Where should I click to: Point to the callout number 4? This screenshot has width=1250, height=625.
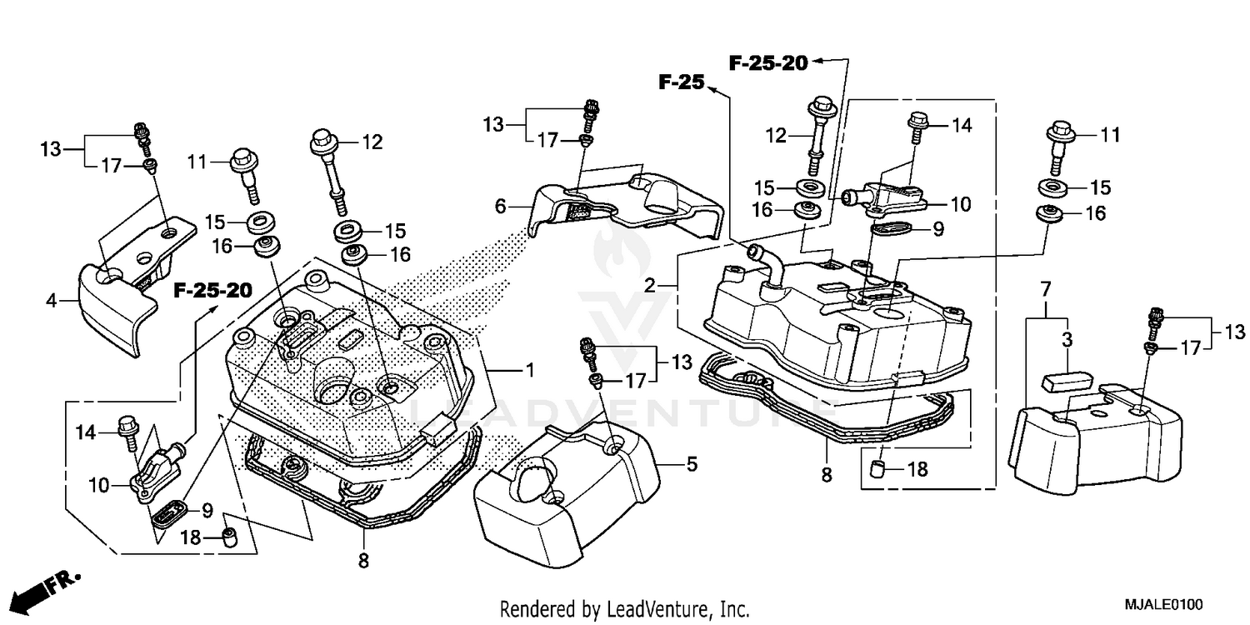(52, 300)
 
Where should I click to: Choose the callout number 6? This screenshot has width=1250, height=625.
(500, 206)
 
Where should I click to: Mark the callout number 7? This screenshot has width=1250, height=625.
(1045, 290)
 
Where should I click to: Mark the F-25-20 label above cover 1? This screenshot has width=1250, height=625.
(212, 291)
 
